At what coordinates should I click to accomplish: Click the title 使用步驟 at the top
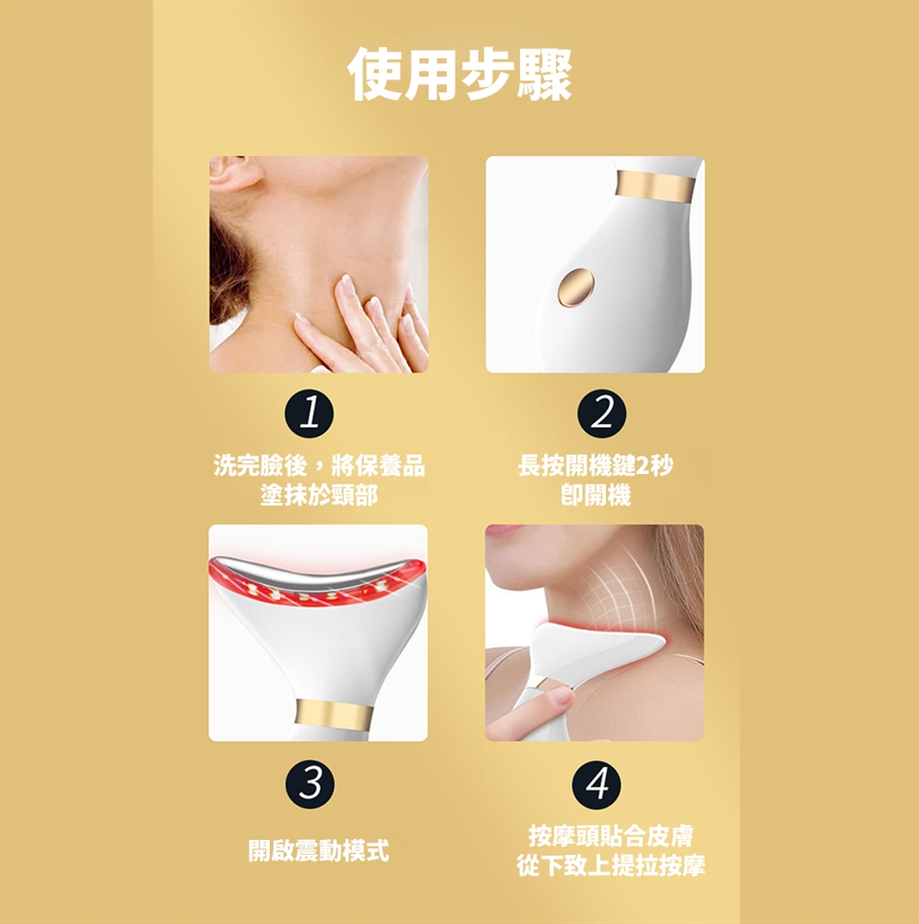tap(459, 75)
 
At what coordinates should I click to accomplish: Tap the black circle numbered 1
tap(309, 414)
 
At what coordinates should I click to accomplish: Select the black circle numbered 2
tap(601, 414)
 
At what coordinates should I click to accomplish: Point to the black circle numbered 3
tap(310, 784)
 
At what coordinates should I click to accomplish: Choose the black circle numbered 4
tap(596, 784)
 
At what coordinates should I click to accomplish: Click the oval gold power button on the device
tap(575, 288)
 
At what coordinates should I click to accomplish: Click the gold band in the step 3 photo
tap(333, 713)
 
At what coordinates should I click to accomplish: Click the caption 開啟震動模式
tap(318, 850)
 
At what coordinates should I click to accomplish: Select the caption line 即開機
tap(595, 494)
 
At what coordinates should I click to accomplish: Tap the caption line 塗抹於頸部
tap(319, 494)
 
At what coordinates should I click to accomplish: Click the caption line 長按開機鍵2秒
tap(595, 465)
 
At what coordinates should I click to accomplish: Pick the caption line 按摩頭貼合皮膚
tap(611, 836)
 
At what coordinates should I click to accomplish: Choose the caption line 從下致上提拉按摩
tap(611, 865)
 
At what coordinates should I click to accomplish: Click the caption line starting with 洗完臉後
tap(319, 465)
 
